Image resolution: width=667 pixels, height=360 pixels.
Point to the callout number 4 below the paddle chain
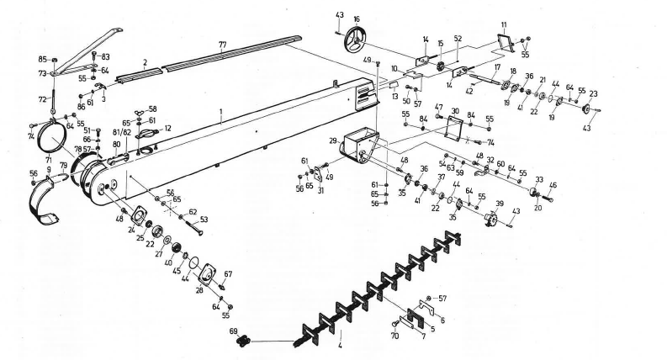(x=339, y=346)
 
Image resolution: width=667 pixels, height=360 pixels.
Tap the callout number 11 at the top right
(x=504, y=25)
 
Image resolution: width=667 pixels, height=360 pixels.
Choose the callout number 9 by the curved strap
(x=49, y=171)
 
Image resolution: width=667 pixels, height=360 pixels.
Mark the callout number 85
(x=42, y=59)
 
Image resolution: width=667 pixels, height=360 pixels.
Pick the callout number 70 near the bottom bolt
(x=394, y=336)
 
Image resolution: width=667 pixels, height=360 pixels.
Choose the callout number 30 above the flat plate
(x=454, y=111)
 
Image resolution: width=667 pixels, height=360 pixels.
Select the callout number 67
(x=227, y=274)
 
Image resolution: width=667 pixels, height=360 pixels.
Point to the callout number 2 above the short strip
(x=145, y=62)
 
